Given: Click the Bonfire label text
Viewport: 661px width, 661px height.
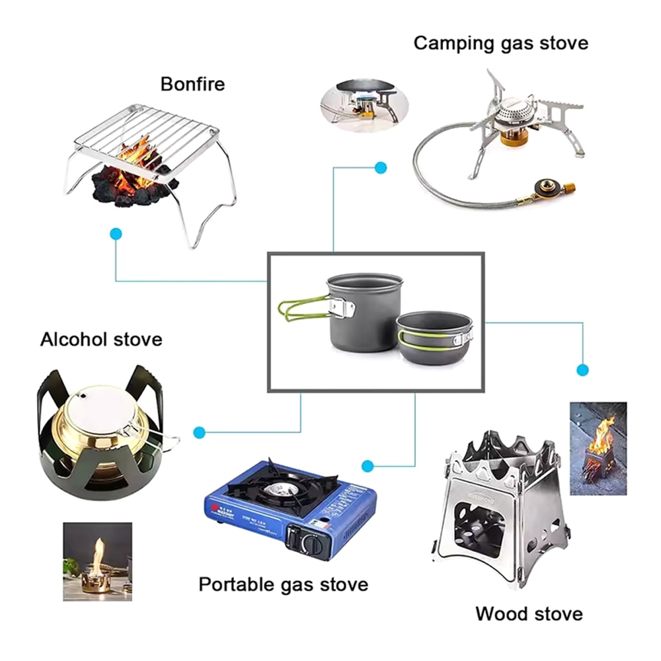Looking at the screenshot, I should coord(192,84).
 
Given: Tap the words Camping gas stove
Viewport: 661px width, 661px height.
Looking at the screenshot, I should coord(500,43).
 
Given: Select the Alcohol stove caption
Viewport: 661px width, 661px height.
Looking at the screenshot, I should coord(101,340).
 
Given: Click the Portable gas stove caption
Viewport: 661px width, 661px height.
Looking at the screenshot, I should coord(284,584).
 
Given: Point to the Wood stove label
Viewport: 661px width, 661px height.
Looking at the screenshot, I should coord(529,613).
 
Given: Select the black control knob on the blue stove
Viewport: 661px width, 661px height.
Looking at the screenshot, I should coord(310,543).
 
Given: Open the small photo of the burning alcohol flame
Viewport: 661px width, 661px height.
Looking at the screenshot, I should coord(97,561).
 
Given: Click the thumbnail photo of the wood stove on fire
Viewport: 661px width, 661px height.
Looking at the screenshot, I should coord(598,448).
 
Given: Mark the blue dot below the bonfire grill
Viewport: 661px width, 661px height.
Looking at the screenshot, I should coord(116,233).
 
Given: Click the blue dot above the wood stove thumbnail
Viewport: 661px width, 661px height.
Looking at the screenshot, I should coord(582,369).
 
